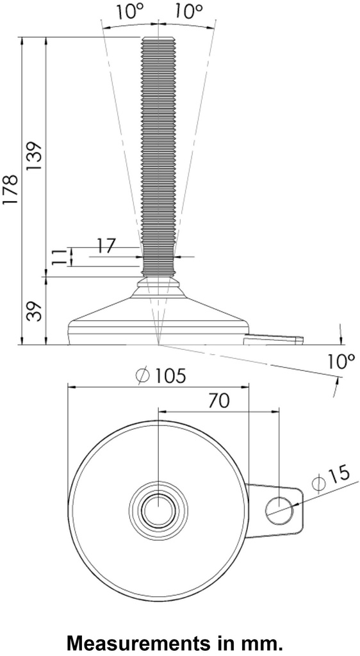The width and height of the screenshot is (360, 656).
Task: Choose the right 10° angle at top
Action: (190, 11)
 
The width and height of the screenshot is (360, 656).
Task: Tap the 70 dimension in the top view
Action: (219, 400)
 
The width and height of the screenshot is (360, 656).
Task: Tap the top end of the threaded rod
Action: (157, 39)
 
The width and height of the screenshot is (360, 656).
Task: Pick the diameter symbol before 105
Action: (143, 376)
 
